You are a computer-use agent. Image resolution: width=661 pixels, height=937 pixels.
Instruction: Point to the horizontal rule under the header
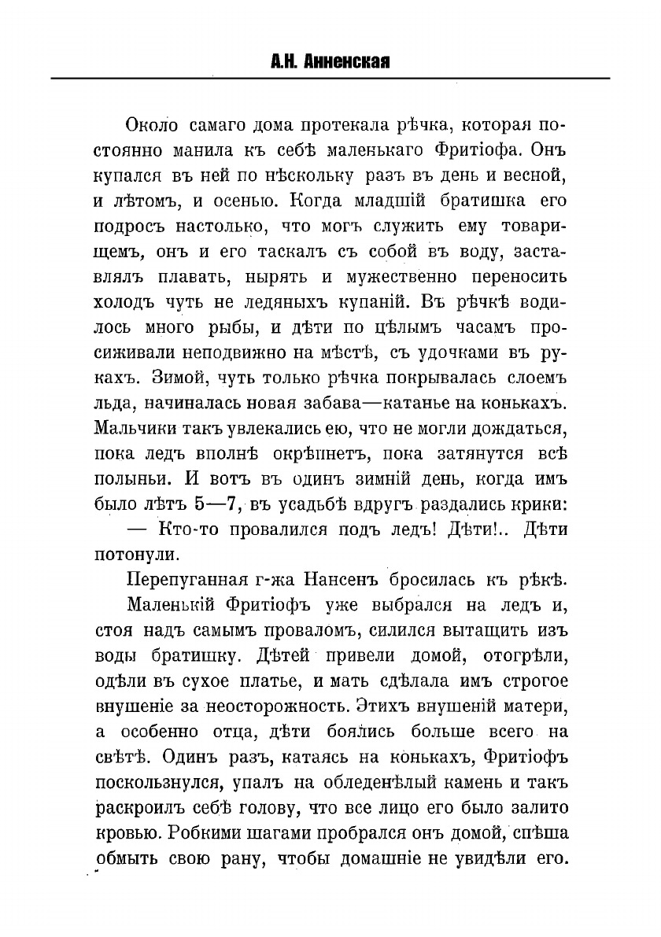[330, 78]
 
